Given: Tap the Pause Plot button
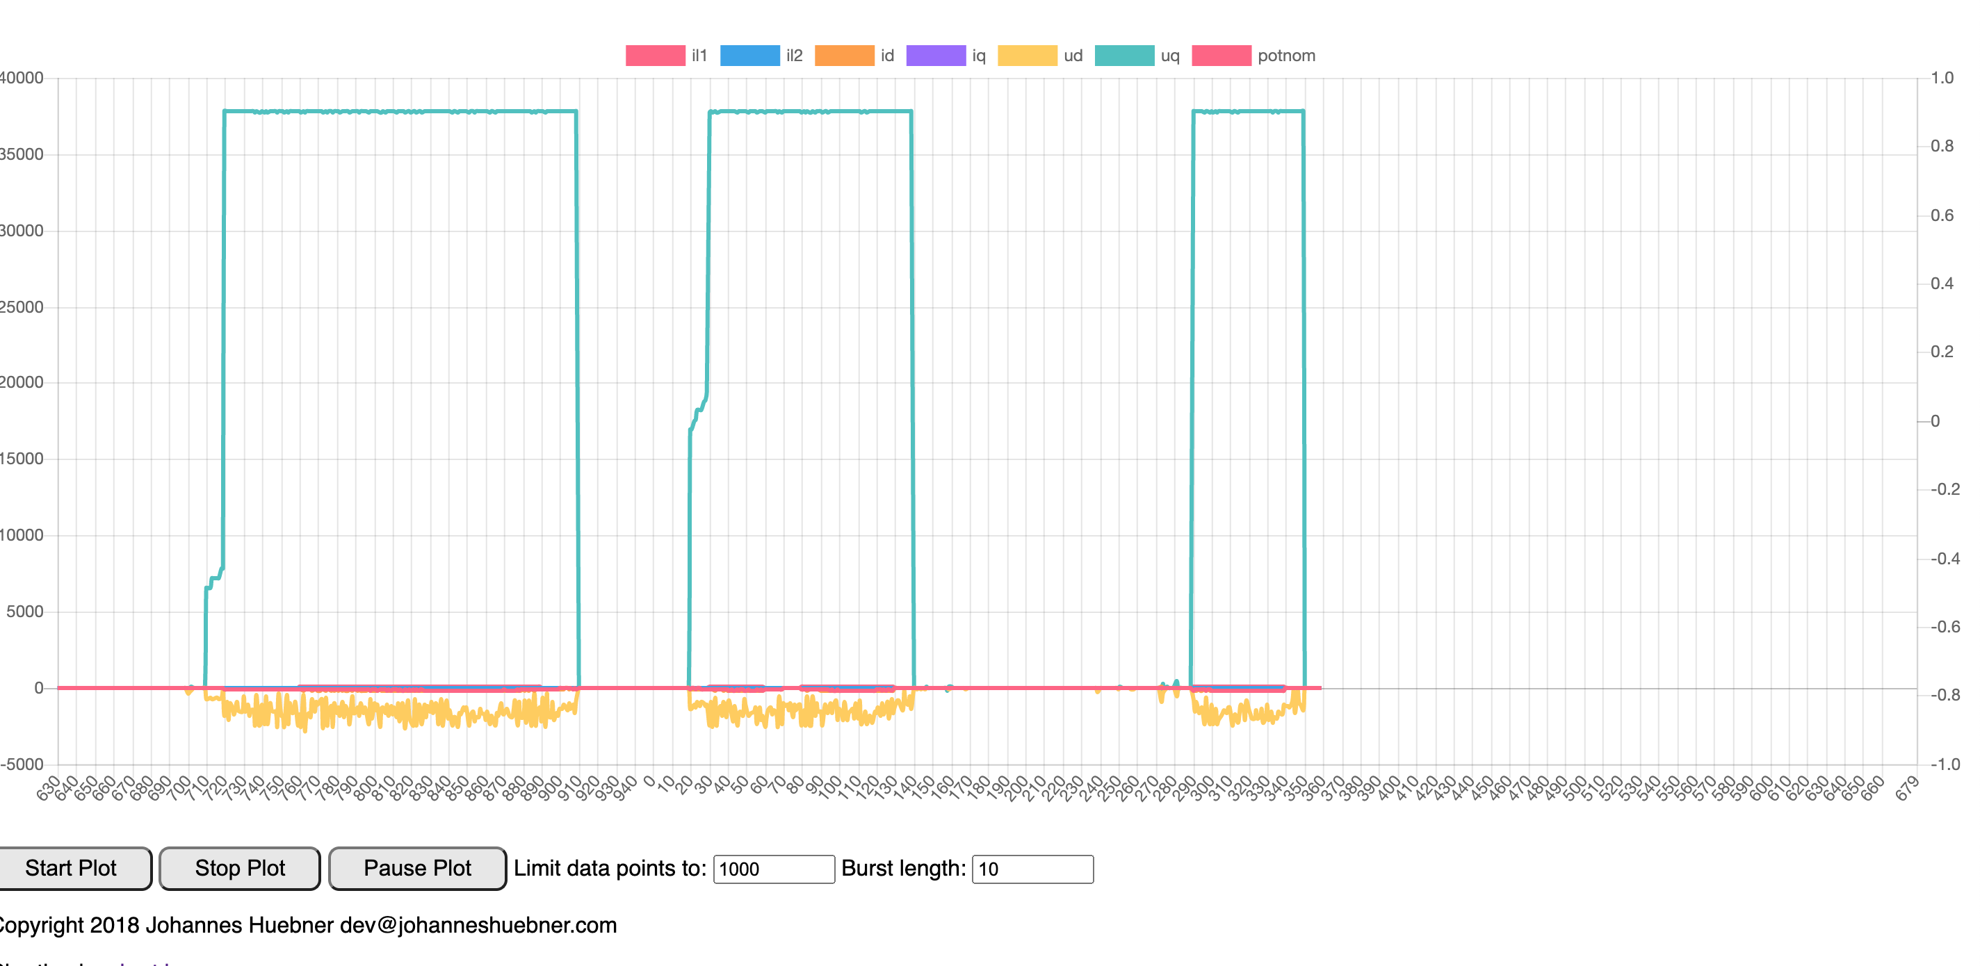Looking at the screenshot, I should [x=416, y=869].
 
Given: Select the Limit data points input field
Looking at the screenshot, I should [x=773, y=869].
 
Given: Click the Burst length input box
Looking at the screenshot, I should [x=1032, y=869].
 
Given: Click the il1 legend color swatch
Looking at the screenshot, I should [x=655, y=56].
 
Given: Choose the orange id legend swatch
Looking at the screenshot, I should [x=844, y=56].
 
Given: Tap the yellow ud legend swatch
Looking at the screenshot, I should [x=1027, y=56].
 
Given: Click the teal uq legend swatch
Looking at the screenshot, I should [x=1123, y=56].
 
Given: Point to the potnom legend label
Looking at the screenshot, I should [x=1286, y=56].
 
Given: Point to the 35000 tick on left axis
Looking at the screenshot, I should [x=22, y=154].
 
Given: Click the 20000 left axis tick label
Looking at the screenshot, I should [x=22, y=383].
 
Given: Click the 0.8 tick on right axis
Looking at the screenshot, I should [x=1942, y=146].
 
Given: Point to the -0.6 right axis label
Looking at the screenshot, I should [x=1945, y=626].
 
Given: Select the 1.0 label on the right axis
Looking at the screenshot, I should [x=1942, y=78].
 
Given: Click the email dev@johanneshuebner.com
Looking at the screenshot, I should [x=478, y=924].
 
